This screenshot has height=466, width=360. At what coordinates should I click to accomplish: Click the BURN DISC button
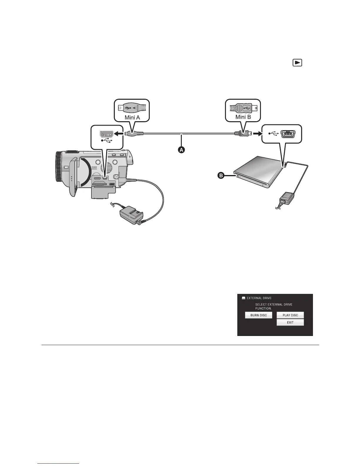259,315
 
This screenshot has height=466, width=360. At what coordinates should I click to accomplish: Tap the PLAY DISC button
290,315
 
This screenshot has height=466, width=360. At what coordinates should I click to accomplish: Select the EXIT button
290,322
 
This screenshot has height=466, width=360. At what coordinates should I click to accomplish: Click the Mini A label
132,117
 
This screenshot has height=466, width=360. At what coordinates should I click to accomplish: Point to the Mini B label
243,117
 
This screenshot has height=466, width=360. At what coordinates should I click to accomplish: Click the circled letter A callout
181,150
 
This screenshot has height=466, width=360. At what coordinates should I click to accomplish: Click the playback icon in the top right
297,63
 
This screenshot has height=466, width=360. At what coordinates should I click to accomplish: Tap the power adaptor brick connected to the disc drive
285,197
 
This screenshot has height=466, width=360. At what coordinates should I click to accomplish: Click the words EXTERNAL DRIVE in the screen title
259,298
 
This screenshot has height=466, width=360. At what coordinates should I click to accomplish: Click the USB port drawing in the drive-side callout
288,134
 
